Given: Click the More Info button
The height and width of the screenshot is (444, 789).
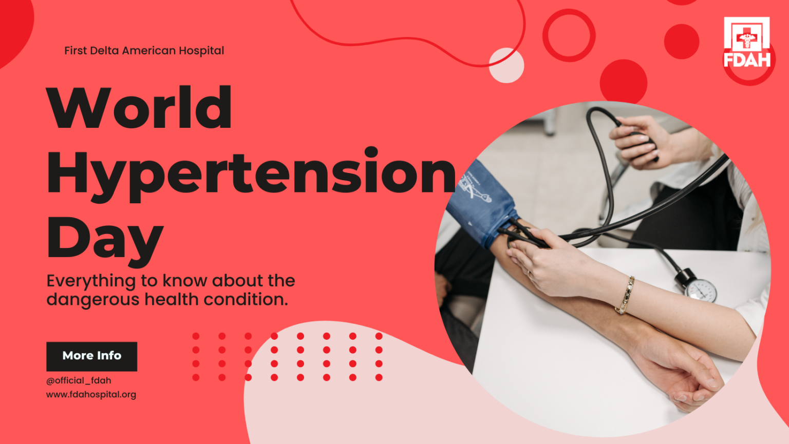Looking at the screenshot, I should (91, 356).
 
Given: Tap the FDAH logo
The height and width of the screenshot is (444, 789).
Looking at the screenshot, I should (747, 43).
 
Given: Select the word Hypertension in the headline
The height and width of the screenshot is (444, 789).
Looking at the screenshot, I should (251, 173).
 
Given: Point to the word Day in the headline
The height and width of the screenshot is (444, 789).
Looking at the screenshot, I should (105, 239).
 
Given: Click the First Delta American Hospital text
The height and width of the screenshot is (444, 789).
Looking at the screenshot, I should (144, 51).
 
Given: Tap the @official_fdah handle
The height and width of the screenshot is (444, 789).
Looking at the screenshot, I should (79, 381).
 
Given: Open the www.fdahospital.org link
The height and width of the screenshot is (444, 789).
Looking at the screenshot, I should (91, 395).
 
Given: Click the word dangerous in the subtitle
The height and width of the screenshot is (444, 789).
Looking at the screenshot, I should (92, 300).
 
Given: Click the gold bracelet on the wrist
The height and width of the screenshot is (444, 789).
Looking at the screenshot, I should (625, 295).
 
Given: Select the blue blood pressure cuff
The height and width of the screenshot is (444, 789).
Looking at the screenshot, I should (480, 203).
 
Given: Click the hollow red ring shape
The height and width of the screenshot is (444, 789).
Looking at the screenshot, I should (569, 35).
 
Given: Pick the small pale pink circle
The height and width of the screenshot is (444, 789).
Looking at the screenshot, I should (506, 66).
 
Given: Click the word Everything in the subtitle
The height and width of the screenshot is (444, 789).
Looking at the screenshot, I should (90, 281).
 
